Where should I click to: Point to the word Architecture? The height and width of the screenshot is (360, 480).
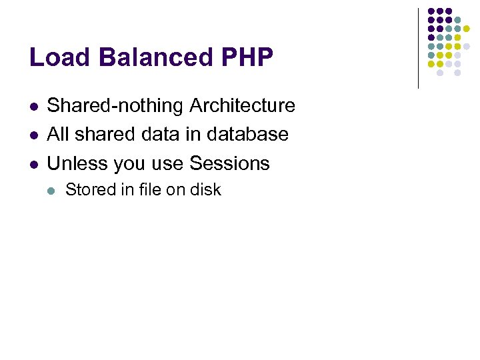242,106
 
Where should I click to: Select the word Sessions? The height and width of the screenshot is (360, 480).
229,163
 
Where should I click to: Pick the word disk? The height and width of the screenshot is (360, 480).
205,190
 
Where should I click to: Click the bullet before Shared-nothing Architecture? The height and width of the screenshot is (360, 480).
34,107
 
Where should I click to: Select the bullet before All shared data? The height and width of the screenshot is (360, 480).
34,135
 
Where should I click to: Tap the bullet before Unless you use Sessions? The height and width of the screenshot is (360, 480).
34,164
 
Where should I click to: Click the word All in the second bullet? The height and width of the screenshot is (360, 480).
59,135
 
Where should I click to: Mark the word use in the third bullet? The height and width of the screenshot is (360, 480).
169,164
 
